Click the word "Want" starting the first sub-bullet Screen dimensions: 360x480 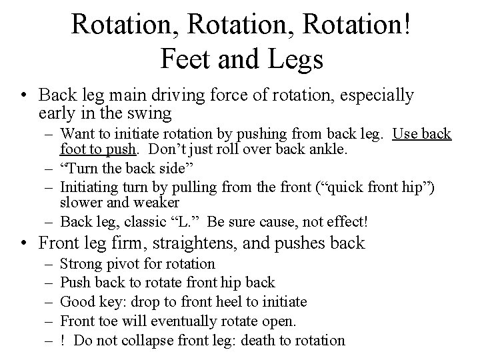tap(77, 134)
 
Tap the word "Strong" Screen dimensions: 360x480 tap(82, 265)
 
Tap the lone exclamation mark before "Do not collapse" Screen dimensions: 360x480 tap(62, 341)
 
